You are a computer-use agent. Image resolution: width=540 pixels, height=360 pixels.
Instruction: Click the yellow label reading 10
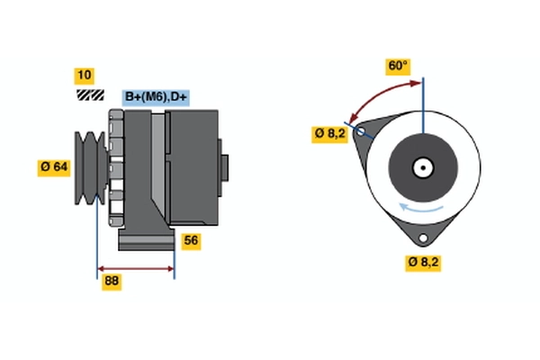pos(85,75)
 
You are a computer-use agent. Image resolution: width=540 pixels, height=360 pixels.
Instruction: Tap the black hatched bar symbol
pos(90,94)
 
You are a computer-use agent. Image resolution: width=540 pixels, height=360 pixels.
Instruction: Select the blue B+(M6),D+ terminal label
pos(156,97)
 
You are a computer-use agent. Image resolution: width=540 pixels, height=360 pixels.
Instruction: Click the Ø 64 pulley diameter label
pos(54,166)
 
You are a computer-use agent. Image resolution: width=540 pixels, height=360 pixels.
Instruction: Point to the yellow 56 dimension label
pos(191,240)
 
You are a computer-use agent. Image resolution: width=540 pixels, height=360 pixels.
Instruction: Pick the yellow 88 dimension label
pos(112,282)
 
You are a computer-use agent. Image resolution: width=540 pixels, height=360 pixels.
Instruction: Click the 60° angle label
pos(398,66)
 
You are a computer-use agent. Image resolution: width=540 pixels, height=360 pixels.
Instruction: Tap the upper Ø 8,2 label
pos(329,134)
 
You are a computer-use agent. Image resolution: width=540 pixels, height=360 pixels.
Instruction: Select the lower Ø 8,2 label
pos(424,262)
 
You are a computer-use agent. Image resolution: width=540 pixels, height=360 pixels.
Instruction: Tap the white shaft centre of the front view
pos(422,167)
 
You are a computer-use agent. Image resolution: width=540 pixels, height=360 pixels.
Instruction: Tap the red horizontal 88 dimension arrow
pos(135,269)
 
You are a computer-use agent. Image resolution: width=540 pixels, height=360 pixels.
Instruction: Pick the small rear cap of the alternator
pos(225,167)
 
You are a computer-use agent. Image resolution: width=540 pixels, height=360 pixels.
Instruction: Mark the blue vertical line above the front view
pos(423,103)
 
